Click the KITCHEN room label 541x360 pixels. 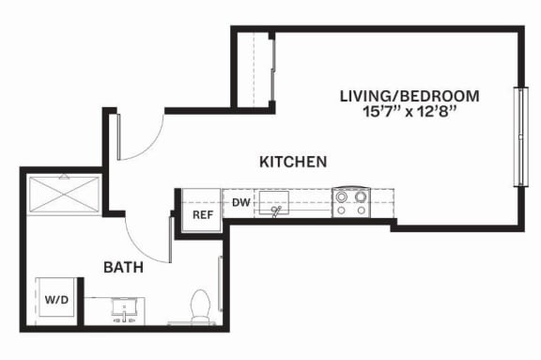point(293,162)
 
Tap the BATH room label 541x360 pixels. point(124,268)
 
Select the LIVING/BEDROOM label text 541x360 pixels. point(410,96)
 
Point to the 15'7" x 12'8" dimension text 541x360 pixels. point(410,112)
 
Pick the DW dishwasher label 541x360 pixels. point(240,203)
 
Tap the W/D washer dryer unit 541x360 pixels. point(56,299)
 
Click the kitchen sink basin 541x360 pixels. point(274,202)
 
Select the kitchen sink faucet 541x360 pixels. point(276,211)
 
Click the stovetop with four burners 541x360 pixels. point(351,203)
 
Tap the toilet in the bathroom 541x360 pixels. point(200,306)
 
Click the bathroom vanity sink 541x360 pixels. point(125,309)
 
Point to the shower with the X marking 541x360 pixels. point(64,195)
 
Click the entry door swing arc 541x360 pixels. point(148,145)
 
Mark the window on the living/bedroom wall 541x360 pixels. point(520,137)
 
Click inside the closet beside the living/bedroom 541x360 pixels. point(253,70)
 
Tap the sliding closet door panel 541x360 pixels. point(272,70)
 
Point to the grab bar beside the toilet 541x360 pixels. point(220,284)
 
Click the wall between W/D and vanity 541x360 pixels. point(81,301)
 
